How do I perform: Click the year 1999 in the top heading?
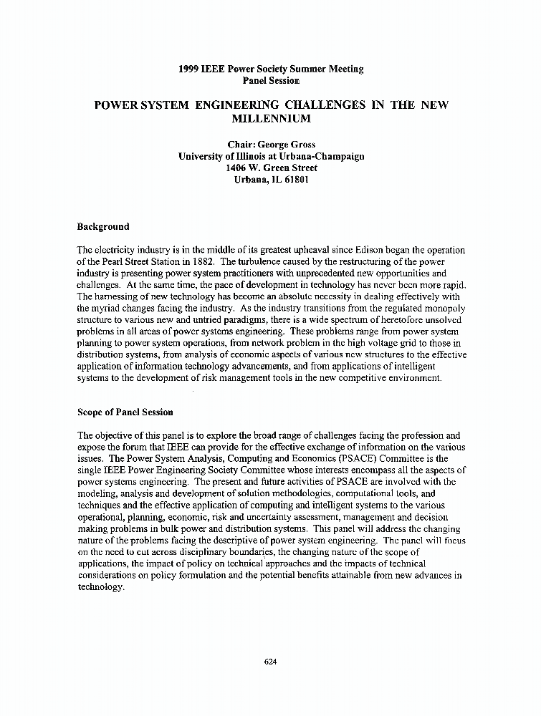tap(189, 69)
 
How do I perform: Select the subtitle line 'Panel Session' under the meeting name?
tap(271, 82)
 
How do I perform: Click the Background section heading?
tap(103, 227)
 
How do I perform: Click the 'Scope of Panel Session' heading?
tap(125, 412)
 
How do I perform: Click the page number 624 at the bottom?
tap(270, 662)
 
